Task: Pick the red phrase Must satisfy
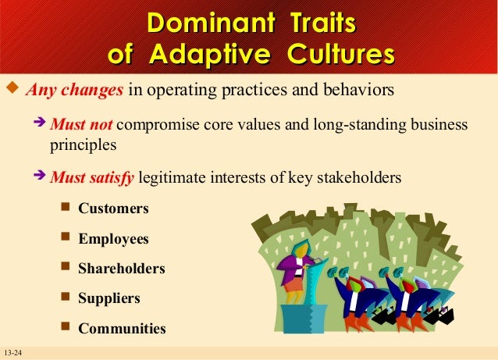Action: [x=92, y=177]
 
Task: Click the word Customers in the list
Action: [x=113, y=209]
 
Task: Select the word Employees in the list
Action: [x=113, y=239]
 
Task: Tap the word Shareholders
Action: [x=122, y=269]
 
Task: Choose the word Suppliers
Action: [x=109, y=298]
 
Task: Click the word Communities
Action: [x=122, y=329]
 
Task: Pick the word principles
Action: [x=84, y=144]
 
